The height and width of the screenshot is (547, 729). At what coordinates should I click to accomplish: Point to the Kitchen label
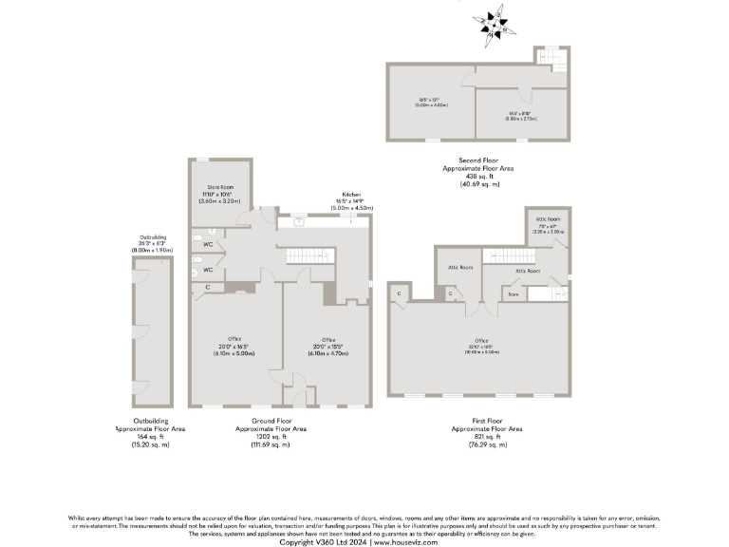coord(353,195)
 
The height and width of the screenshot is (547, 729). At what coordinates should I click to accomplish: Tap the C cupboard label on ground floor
coord(207,286)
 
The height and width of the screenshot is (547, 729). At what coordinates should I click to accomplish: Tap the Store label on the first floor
coord(514,294)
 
